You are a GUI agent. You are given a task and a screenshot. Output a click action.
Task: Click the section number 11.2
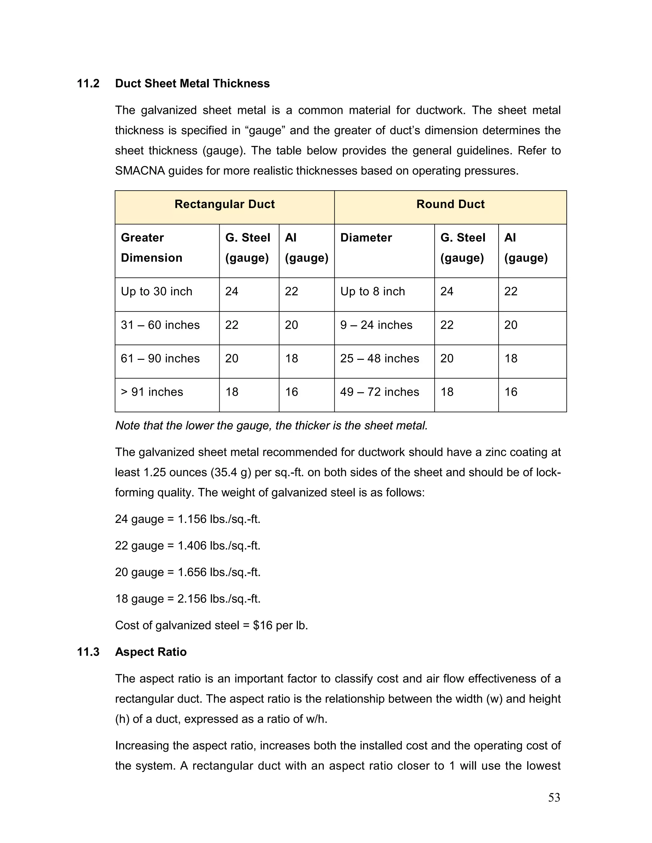88,83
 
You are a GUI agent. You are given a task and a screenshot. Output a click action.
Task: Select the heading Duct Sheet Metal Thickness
192,83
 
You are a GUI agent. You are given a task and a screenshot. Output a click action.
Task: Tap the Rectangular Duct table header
224,204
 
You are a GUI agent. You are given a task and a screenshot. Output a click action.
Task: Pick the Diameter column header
366,237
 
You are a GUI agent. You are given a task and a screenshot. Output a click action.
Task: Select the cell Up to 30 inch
156,291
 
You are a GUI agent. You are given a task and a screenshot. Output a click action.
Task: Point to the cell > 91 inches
152,392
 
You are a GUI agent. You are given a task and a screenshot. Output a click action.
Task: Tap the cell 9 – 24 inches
376,325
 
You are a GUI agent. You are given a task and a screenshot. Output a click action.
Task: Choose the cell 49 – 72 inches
379,392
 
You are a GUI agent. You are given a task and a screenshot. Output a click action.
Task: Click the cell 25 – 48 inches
379,359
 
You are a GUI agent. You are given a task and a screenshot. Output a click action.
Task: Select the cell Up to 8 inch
372,291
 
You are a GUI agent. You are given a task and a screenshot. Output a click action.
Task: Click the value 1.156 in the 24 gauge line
192,519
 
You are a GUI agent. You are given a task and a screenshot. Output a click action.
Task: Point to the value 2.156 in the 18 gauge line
192,599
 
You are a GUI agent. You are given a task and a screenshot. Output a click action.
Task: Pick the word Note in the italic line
127,426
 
